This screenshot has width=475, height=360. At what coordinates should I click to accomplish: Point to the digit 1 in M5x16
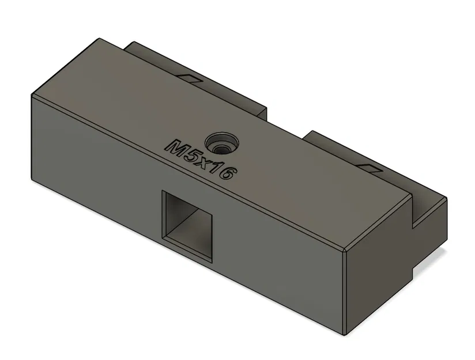(x=216, y=169)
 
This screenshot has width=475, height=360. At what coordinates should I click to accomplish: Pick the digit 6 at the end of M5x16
(x=226, y=173)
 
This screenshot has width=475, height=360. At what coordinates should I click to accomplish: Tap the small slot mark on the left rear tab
(x=190, y=77)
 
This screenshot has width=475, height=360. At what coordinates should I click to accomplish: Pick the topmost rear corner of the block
(x=99, y=39)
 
